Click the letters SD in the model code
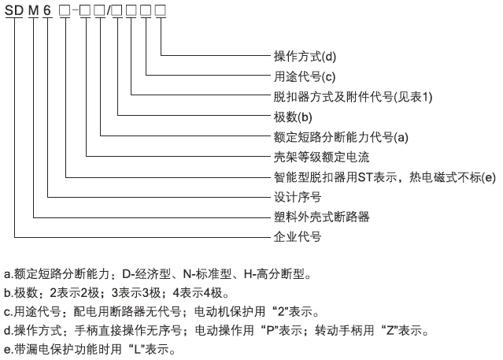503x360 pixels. (14, 10)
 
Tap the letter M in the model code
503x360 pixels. (33, 10)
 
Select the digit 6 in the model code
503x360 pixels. (47, 10)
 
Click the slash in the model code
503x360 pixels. (109, 10)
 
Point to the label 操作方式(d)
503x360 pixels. (305, 56)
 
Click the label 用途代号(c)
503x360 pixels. (305, 76)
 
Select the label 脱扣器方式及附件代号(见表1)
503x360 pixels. (353, 97)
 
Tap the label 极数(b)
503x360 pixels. (293, 117)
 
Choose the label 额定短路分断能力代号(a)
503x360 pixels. (341, 137)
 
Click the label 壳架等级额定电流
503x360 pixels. (321, 157)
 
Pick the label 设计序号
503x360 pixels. (298, 197)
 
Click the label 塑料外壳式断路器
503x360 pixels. (321, 217)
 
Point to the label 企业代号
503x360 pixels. (298, 237)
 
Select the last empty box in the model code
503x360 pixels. (161, 10)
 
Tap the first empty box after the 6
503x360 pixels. (65, 10)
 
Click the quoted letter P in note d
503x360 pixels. (270, 330)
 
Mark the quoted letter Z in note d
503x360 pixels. (390, 330)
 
